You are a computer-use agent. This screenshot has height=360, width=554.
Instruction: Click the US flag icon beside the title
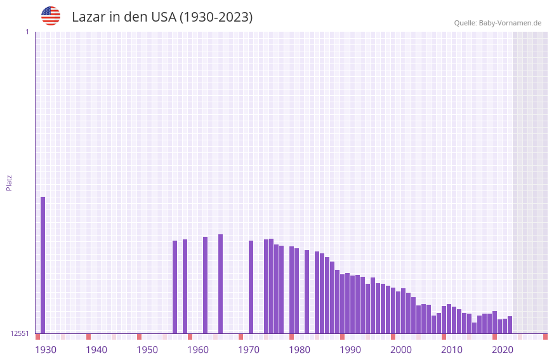click(x=51, y=16)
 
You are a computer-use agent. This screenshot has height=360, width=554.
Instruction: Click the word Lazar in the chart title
click(x=88, y=17)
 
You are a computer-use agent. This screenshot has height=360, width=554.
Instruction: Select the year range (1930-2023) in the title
click(x=216, y=17)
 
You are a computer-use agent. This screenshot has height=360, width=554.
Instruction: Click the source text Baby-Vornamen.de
click(x=510, y=23)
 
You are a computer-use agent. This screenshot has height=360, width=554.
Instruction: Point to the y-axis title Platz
click(x=9, y=182)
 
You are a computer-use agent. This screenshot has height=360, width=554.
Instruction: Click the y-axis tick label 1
click(x=27, y=32)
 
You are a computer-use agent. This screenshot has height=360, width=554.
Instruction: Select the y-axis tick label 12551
click(x=20, y=333)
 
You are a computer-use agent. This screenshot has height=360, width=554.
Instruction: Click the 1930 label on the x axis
click(x=46, y=350)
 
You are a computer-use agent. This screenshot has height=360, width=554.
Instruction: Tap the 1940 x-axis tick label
click(x=96, y=350)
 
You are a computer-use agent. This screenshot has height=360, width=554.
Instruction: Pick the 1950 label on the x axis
click(x=147, y=350)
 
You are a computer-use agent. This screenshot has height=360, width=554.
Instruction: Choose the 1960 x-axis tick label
click(x=198, y=350)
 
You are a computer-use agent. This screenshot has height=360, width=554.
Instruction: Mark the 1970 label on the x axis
click(x=249, y=350)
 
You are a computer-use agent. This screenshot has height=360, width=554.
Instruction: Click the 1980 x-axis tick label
click(x=300, y=350)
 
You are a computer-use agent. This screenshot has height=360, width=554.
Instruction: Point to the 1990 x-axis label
click(x=350, y=350)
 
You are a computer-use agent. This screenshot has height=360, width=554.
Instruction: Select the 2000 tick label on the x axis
click(x=401, y=350)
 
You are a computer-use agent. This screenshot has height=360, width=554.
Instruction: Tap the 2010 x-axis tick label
click(x=452, y=350)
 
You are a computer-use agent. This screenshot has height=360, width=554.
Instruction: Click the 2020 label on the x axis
click(x=503, y=350)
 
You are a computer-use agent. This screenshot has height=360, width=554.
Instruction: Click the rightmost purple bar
click(x=510, y=324)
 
